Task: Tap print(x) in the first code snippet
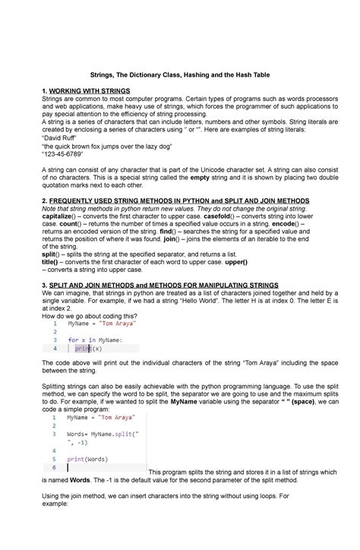(88, 349)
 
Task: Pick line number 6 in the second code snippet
(54, 468)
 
